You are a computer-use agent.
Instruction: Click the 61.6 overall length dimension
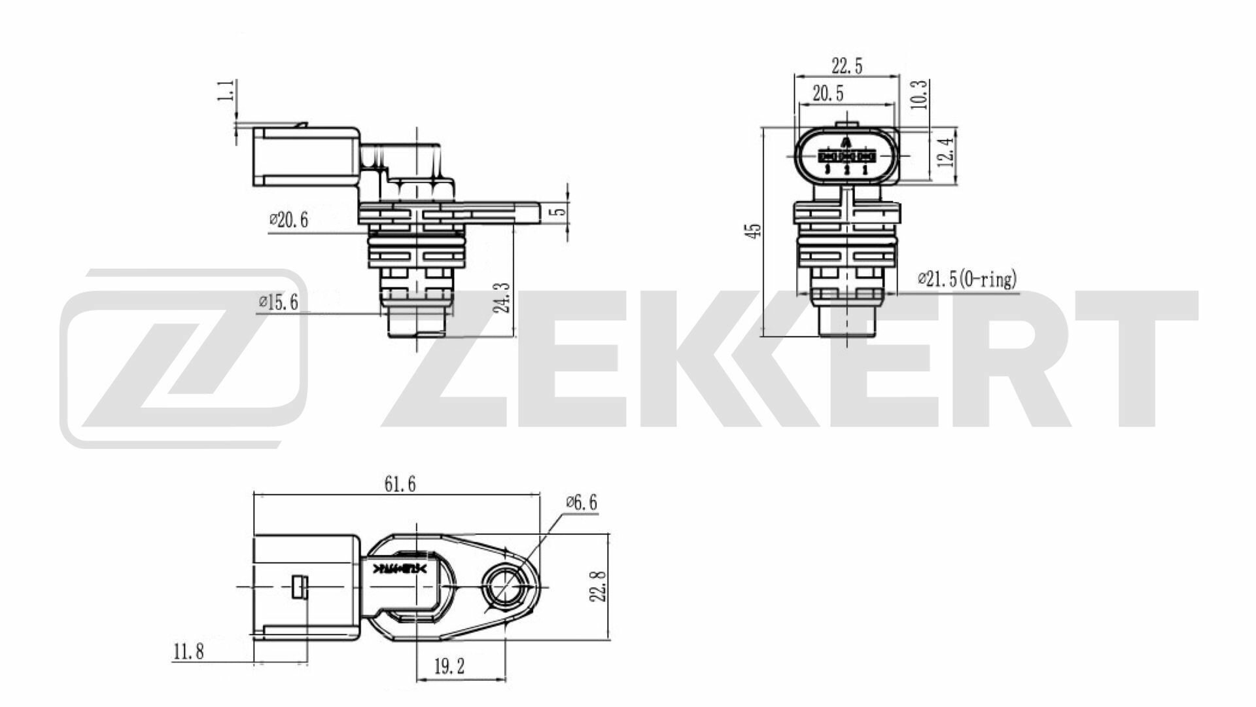[x=400, y=484]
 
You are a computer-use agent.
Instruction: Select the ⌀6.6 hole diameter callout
[x=581, y=503]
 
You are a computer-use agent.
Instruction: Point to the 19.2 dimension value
[x=449, y=667]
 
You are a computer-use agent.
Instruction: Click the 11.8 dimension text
[x=188, y=651]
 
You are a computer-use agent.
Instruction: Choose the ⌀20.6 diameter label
[x=288, y=221]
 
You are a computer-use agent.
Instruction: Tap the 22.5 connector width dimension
[x=846, y=66]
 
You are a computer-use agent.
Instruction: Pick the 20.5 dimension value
[x=828, y=94]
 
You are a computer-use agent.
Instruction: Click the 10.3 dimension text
[x=919, y=94]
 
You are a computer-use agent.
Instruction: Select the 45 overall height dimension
[x=754, y=231]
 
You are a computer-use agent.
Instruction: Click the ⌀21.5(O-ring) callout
[x=968, y=280]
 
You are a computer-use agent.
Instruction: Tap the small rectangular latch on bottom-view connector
[x=299, y=587]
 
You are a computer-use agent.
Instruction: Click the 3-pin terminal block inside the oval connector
[x=846, y=156]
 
